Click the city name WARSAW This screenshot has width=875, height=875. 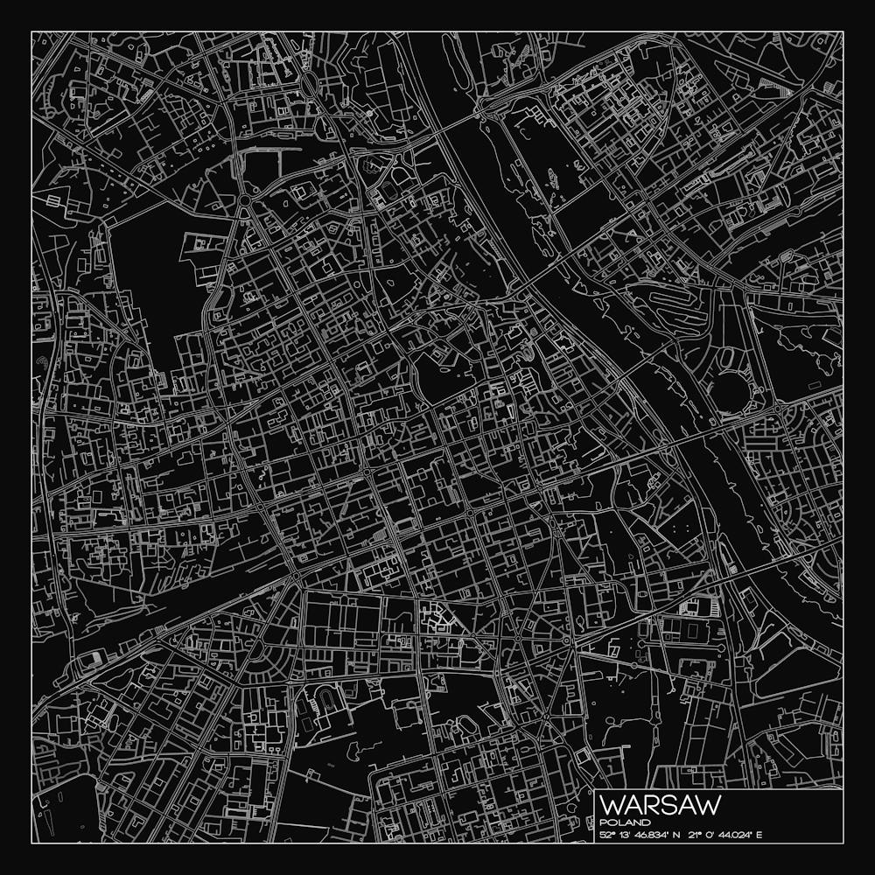(661, 804)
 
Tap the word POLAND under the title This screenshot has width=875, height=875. (626, 822)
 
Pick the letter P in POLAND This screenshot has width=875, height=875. (605, 822)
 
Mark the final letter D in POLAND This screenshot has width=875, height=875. (646, 822)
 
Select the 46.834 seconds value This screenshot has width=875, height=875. (649, 835)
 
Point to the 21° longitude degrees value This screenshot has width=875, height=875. (695, 835)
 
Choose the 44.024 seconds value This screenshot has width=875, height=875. (733, 835)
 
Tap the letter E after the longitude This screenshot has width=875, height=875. (759, 835)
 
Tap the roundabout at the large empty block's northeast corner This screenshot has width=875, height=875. (244, 201)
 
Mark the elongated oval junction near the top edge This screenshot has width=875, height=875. (310, 84)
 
